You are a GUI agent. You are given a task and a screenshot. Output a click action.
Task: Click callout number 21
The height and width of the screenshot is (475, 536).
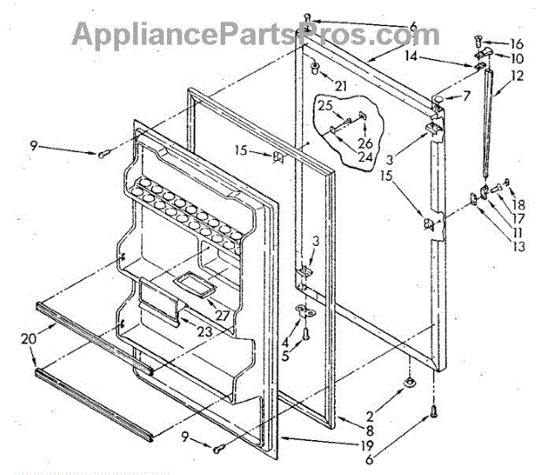coord(341,85)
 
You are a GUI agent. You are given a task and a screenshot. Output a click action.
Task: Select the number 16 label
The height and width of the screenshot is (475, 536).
coord(517,44)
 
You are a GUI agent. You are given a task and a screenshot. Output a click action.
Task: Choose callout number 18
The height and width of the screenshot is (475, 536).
coord(517,180)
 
